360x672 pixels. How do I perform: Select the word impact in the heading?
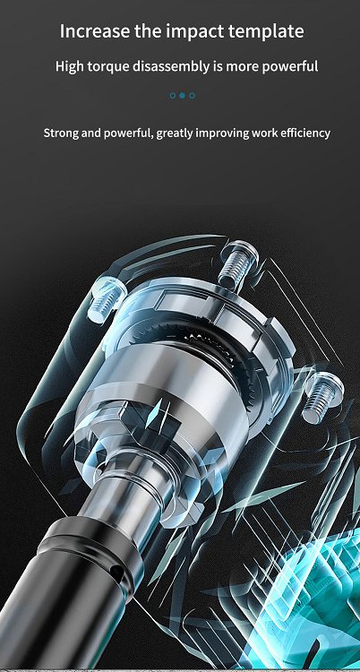pyautogui.click(x=192, y=32)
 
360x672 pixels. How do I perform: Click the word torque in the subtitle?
pyautogui.click(x=108, y=67)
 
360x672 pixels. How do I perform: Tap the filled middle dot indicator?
pyautogui.click(x=182, y=96)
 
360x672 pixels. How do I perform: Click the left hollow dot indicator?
pyautogui.click(x=172, y=96)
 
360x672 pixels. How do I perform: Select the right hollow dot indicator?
pyautogui.click(x=192, y=96)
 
